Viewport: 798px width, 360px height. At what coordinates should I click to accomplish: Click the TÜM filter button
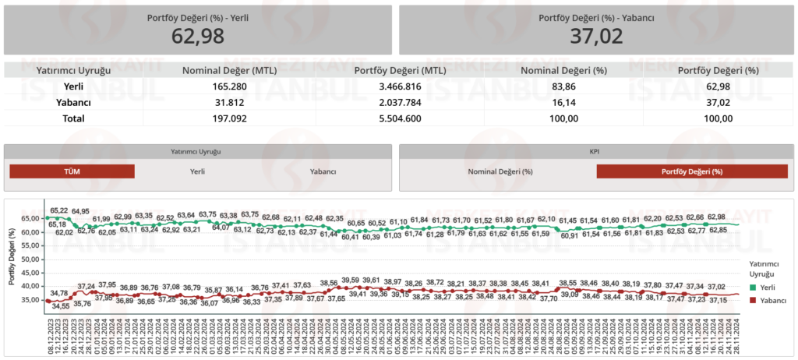click(72, 171)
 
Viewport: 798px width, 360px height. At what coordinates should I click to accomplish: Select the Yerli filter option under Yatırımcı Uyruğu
click(198, 171)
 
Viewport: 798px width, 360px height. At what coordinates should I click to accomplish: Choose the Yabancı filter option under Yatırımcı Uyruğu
click(323, 171)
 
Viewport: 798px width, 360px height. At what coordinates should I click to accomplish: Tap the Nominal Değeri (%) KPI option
click(500, 171)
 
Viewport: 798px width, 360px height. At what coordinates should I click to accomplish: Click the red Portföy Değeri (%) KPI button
click(691, 171)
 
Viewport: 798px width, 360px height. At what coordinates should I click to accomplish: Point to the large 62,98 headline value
click(198, 35)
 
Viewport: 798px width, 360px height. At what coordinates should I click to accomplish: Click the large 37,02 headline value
click(596, 35)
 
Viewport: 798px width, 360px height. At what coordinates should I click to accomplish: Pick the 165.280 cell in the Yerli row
click(230, 86)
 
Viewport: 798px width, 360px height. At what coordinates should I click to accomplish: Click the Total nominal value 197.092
click(230, 118)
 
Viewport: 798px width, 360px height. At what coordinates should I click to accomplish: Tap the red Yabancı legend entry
click(767, 300)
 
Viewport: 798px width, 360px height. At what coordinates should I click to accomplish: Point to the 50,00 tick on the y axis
click(30, 259)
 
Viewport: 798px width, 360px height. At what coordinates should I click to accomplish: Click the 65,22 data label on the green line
click(59, 210)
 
